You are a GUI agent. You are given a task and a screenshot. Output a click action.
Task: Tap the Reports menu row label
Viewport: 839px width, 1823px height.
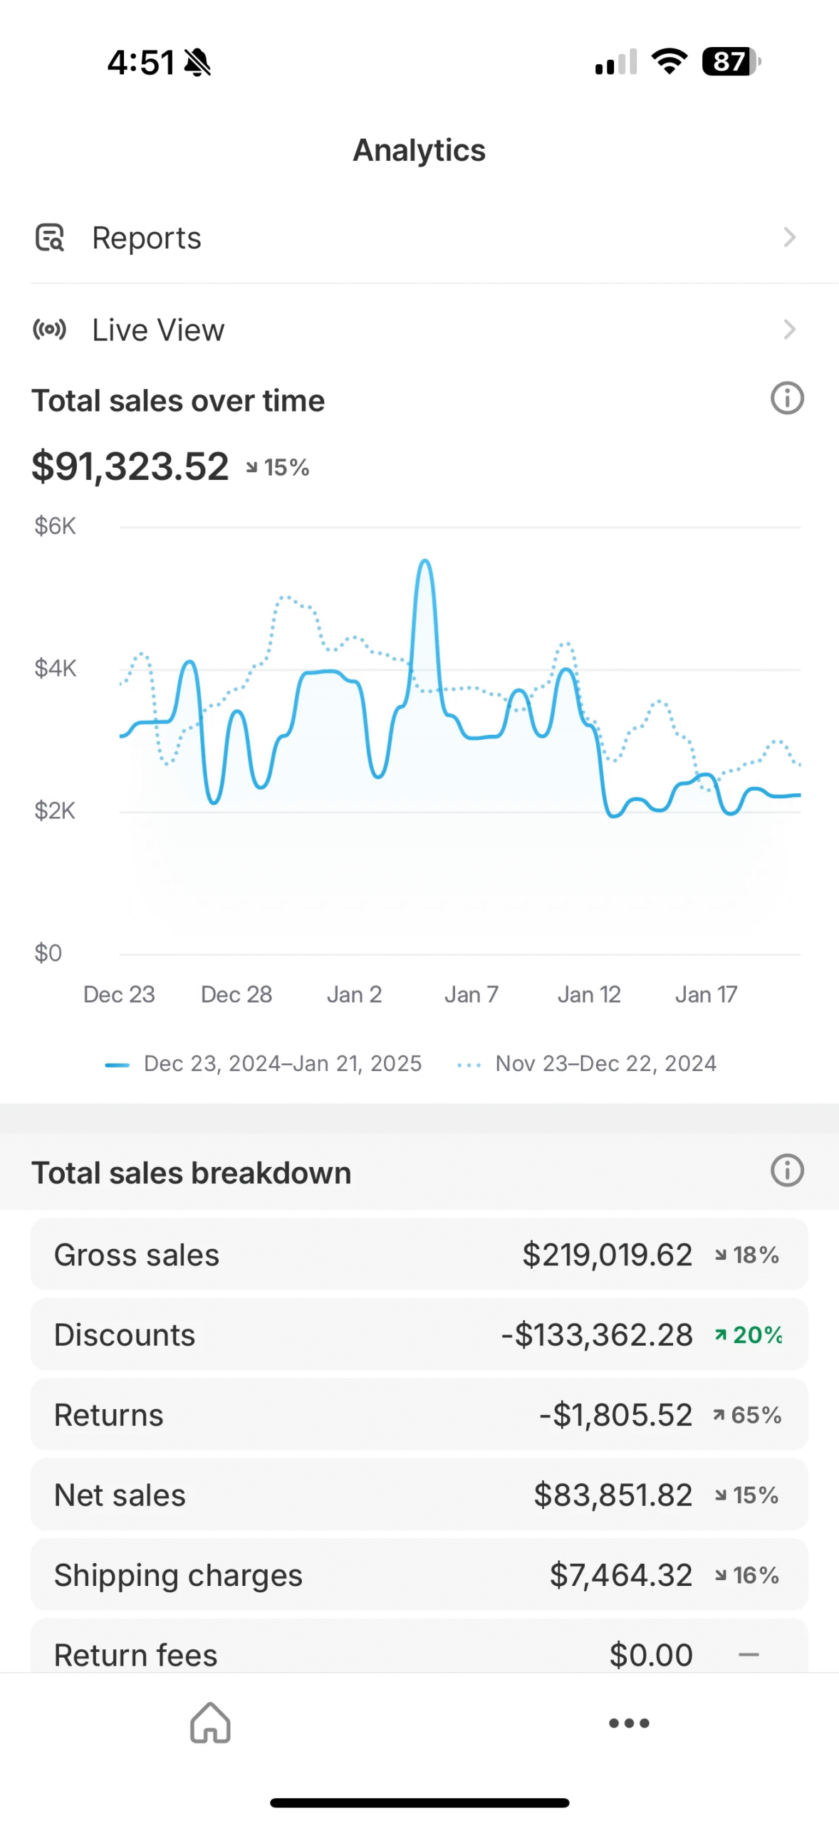coord(147,238)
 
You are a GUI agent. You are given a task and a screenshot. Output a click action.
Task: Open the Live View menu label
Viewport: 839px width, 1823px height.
coord(158,330)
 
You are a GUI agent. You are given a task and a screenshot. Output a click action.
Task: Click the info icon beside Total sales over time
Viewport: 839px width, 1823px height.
coord(787,398)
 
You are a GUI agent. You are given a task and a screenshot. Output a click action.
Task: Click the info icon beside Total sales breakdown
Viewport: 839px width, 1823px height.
coord(787,1170)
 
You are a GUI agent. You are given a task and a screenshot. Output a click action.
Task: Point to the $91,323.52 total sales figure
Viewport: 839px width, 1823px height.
coord(130,466)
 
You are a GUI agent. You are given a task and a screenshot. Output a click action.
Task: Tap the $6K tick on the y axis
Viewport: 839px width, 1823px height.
coord(55,526)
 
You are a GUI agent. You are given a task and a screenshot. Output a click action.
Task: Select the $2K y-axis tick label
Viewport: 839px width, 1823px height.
coord(55,810)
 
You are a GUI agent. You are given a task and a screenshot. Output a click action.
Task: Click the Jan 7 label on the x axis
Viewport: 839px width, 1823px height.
coord(471,994)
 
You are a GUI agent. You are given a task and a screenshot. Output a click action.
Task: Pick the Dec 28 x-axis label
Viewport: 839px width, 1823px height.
coord(236,994)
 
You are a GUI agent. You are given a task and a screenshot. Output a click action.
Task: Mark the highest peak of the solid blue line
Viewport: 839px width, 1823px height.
coord(425,561)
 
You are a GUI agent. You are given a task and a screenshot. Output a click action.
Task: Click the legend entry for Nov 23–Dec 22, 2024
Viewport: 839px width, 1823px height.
coord(605,1063)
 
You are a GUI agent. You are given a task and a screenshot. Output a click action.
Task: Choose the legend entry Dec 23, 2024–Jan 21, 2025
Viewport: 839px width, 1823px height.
coord(282,1063)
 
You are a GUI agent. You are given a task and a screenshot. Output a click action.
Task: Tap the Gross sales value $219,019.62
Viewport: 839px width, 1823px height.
coord(607,1255)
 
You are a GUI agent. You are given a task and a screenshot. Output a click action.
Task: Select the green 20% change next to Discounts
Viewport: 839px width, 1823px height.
coord(756,1334)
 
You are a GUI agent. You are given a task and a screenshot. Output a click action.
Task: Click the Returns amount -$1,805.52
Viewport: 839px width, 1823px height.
coord(615,1415)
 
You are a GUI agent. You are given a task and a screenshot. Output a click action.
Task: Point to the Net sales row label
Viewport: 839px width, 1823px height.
coord(120,1495)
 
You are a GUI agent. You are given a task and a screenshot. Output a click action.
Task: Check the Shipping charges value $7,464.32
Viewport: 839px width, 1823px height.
coord(620,1575)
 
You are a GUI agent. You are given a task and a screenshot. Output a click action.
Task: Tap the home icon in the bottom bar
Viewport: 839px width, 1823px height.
coord(210,1723)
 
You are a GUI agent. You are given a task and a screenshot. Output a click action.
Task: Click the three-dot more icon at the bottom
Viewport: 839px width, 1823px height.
coord(629,1723)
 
